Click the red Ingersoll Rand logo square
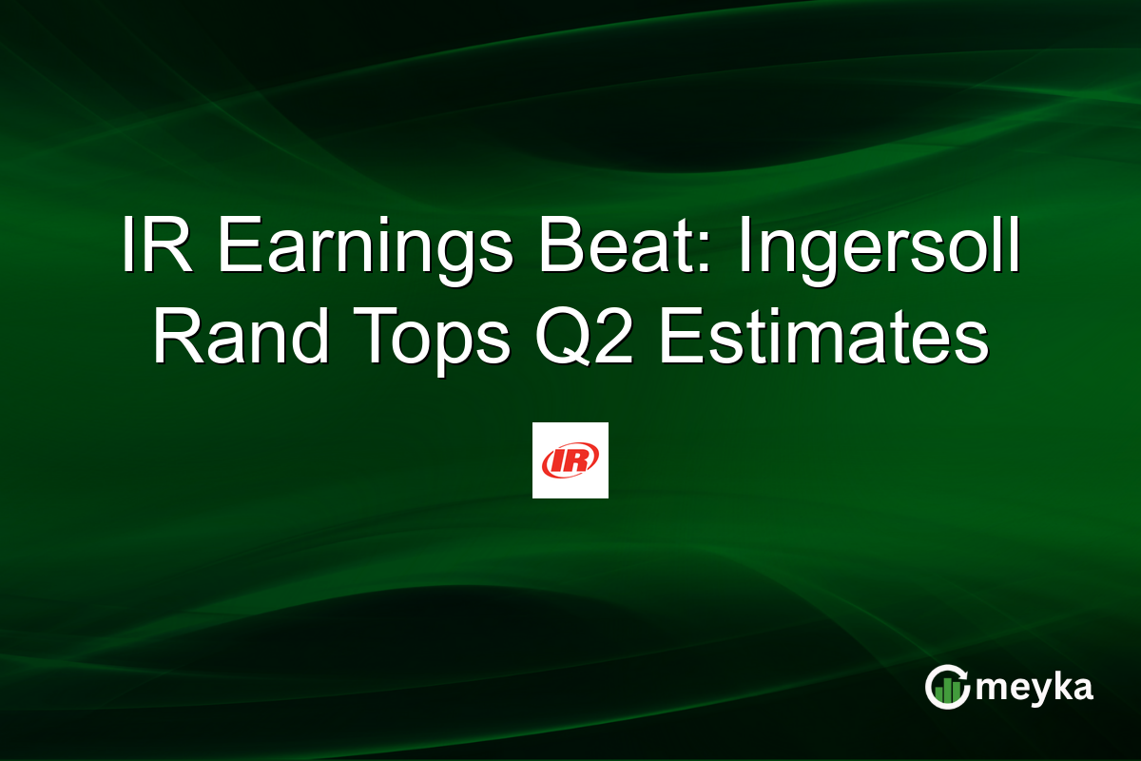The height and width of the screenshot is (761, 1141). click(570, 460)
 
